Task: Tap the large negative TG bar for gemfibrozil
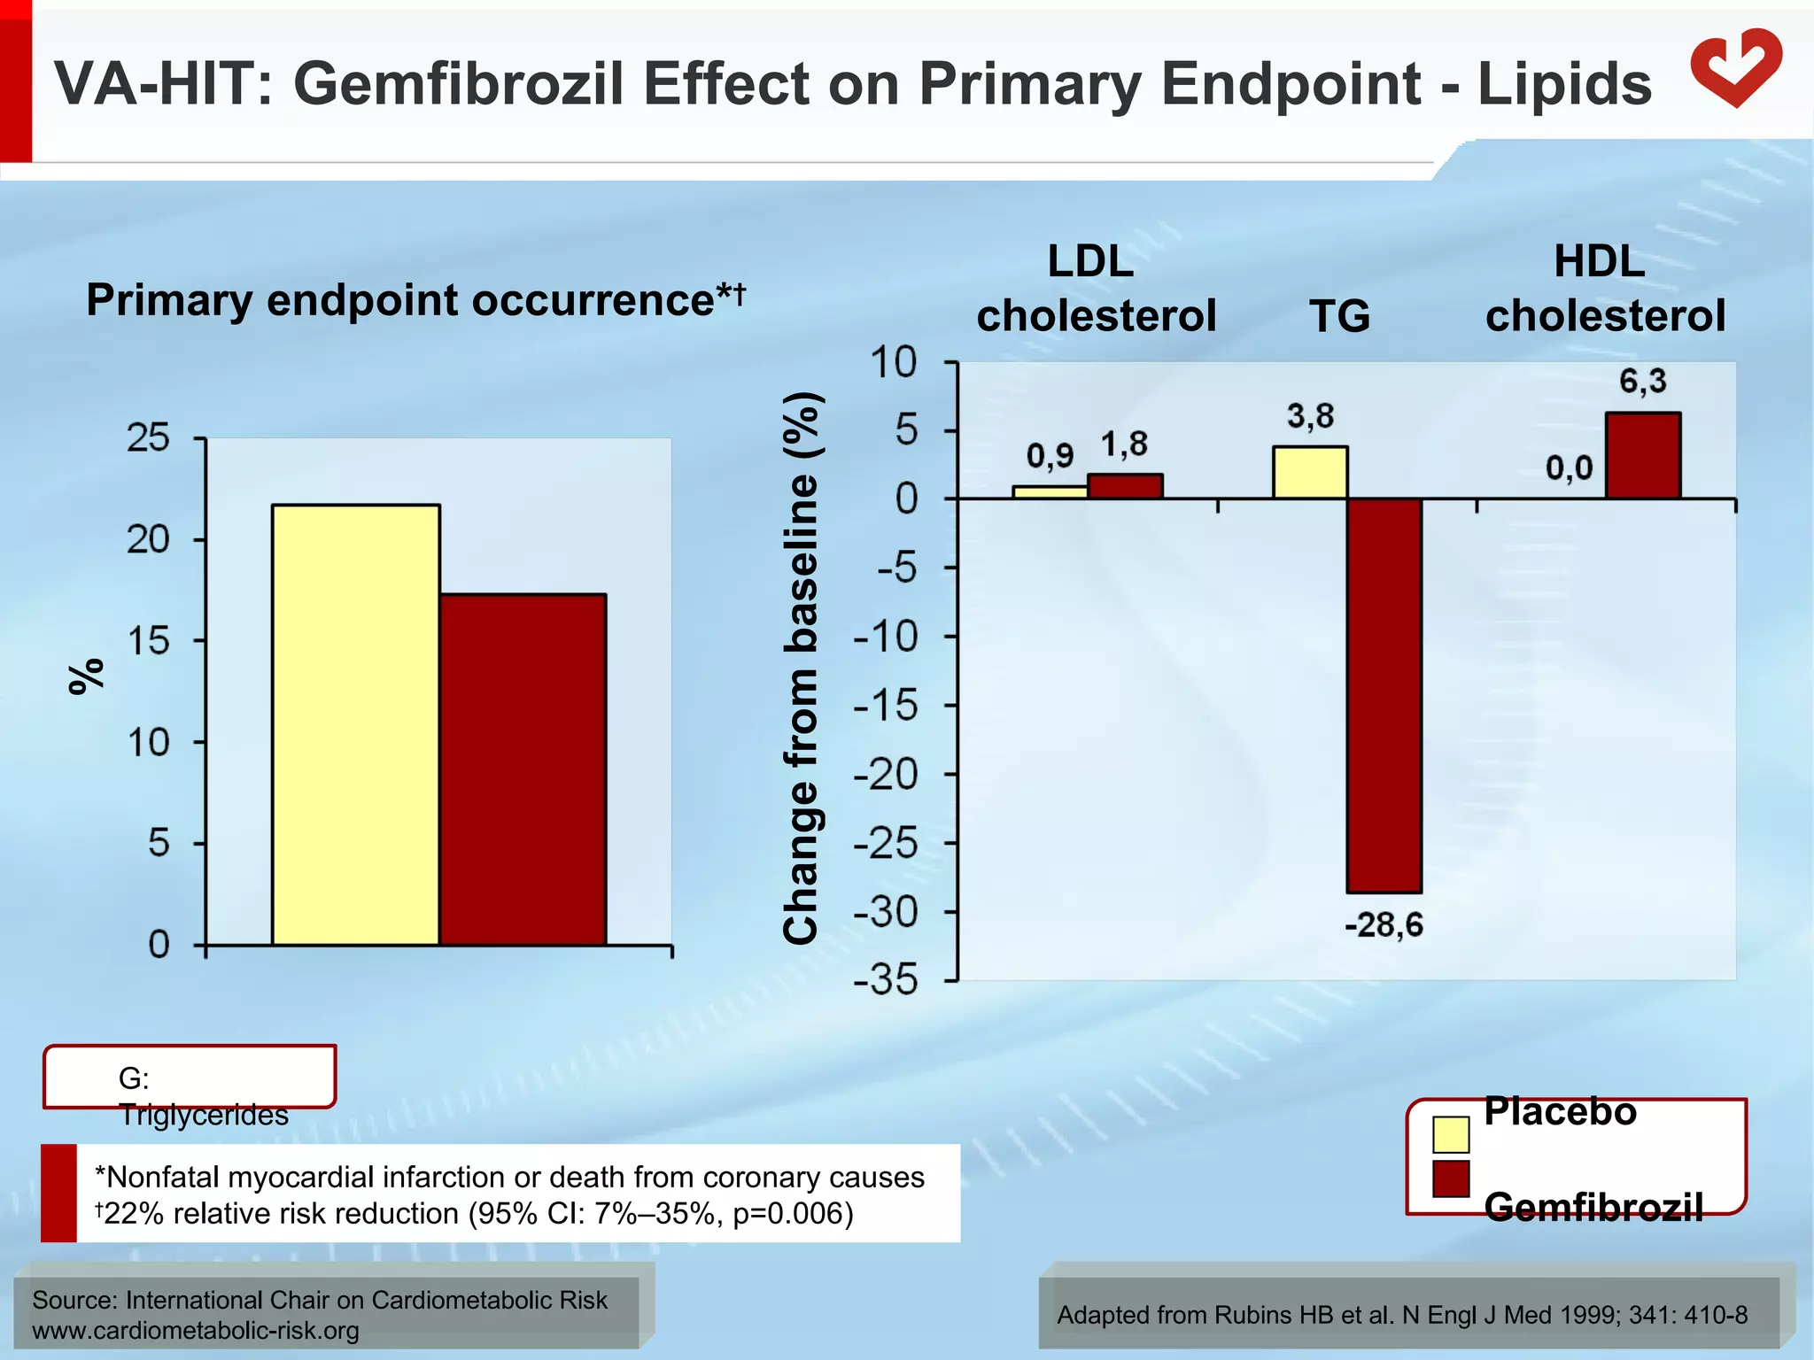point(1384,695)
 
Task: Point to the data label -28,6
point(1384,926)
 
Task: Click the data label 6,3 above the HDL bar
point(1642,382)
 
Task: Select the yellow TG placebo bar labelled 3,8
point(1310,473)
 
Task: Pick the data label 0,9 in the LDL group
point(1050,456)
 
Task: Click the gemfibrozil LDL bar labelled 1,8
point(1125,486)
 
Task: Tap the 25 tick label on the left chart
point(148,437)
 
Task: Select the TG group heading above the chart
point(1339,316)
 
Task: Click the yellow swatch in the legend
point(1450,1135)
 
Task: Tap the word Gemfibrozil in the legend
point(1593,1207)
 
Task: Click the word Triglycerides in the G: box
point(204,1115)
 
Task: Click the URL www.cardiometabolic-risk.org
point(196,1330)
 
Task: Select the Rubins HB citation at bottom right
point(1401,1315)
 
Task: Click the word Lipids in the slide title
point(1563,84)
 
